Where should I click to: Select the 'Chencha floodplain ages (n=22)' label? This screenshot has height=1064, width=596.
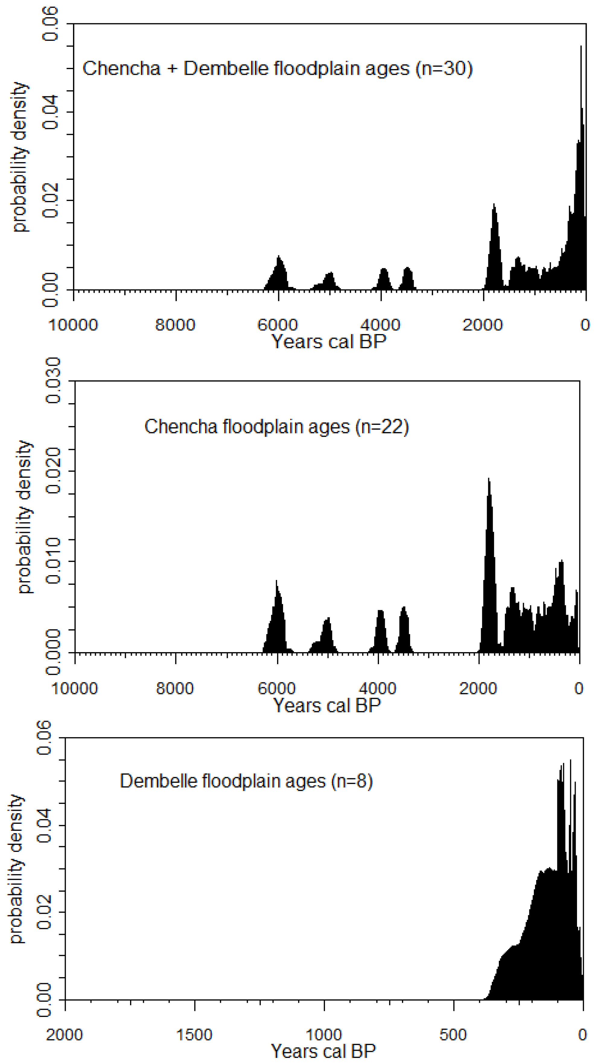click(x=276, y=427)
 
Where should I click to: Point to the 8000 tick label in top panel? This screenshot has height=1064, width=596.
click(x=175, y=325)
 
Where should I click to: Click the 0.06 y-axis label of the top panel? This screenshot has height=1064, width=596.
click(x=50, y=24)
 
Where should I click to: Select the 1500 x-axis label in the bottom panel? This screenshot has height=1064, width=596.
click(x=194, y=1035)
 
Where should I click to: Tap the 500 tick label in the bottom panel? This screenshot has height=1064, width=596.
click(x=453, y=1035)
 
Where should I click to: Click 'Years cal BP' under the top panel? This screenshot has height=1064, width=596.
click(x=328, y=342)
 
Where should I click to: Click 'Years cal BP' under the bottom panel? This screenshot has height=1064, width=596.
click(x=323, y=1052)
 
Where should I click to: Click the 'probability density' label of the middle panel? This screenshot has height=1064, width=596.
click(x=25, y=517)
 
